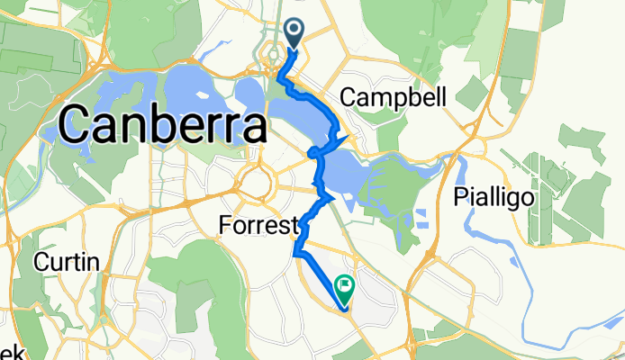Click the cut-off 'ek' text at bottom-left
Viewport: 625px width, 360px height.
tap(7, 351)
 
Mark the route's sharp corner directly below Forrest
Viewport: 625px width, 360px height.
tap(295, 255)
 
